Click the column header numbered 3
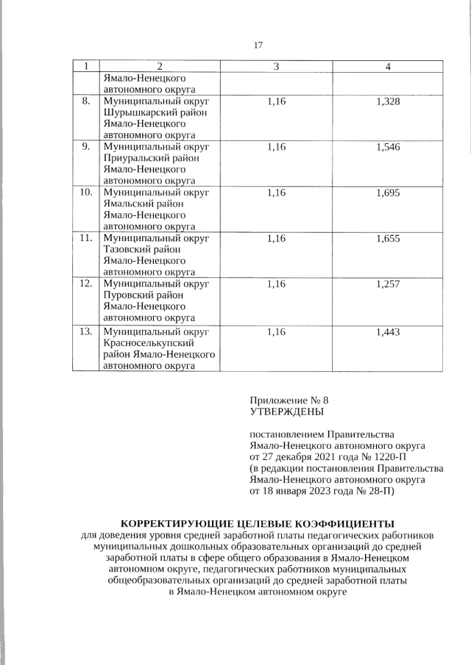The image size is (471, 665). [275, 67]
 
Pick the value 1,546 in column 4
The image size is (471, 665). [387, 146]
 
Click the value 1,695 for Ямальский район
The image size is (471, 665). [387, 193]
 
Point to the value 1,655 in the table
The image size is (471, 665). [387, 239]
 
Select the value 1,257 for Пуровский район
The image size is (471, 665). [387, 284]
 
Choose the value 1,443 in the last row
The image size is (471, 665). [387, 331]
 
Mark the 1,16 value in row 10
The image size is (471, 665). [275, 193]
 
